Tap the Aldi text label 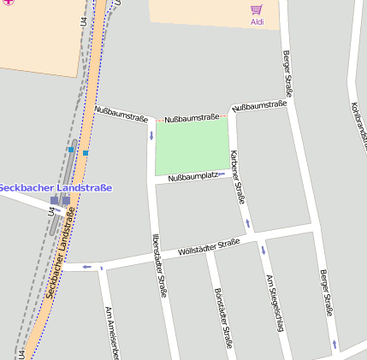257,21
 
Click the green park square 192,145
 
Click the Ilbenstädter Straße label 158,265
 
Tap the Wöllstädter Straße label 208,248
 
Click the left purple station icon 55,200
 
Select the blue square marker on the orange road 86,152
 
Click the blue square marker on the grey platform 70,149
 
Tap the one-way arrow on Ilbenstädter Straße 151,135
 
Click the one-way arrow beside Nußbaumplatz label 222,174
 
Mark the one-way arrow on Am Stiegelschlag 263,251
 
